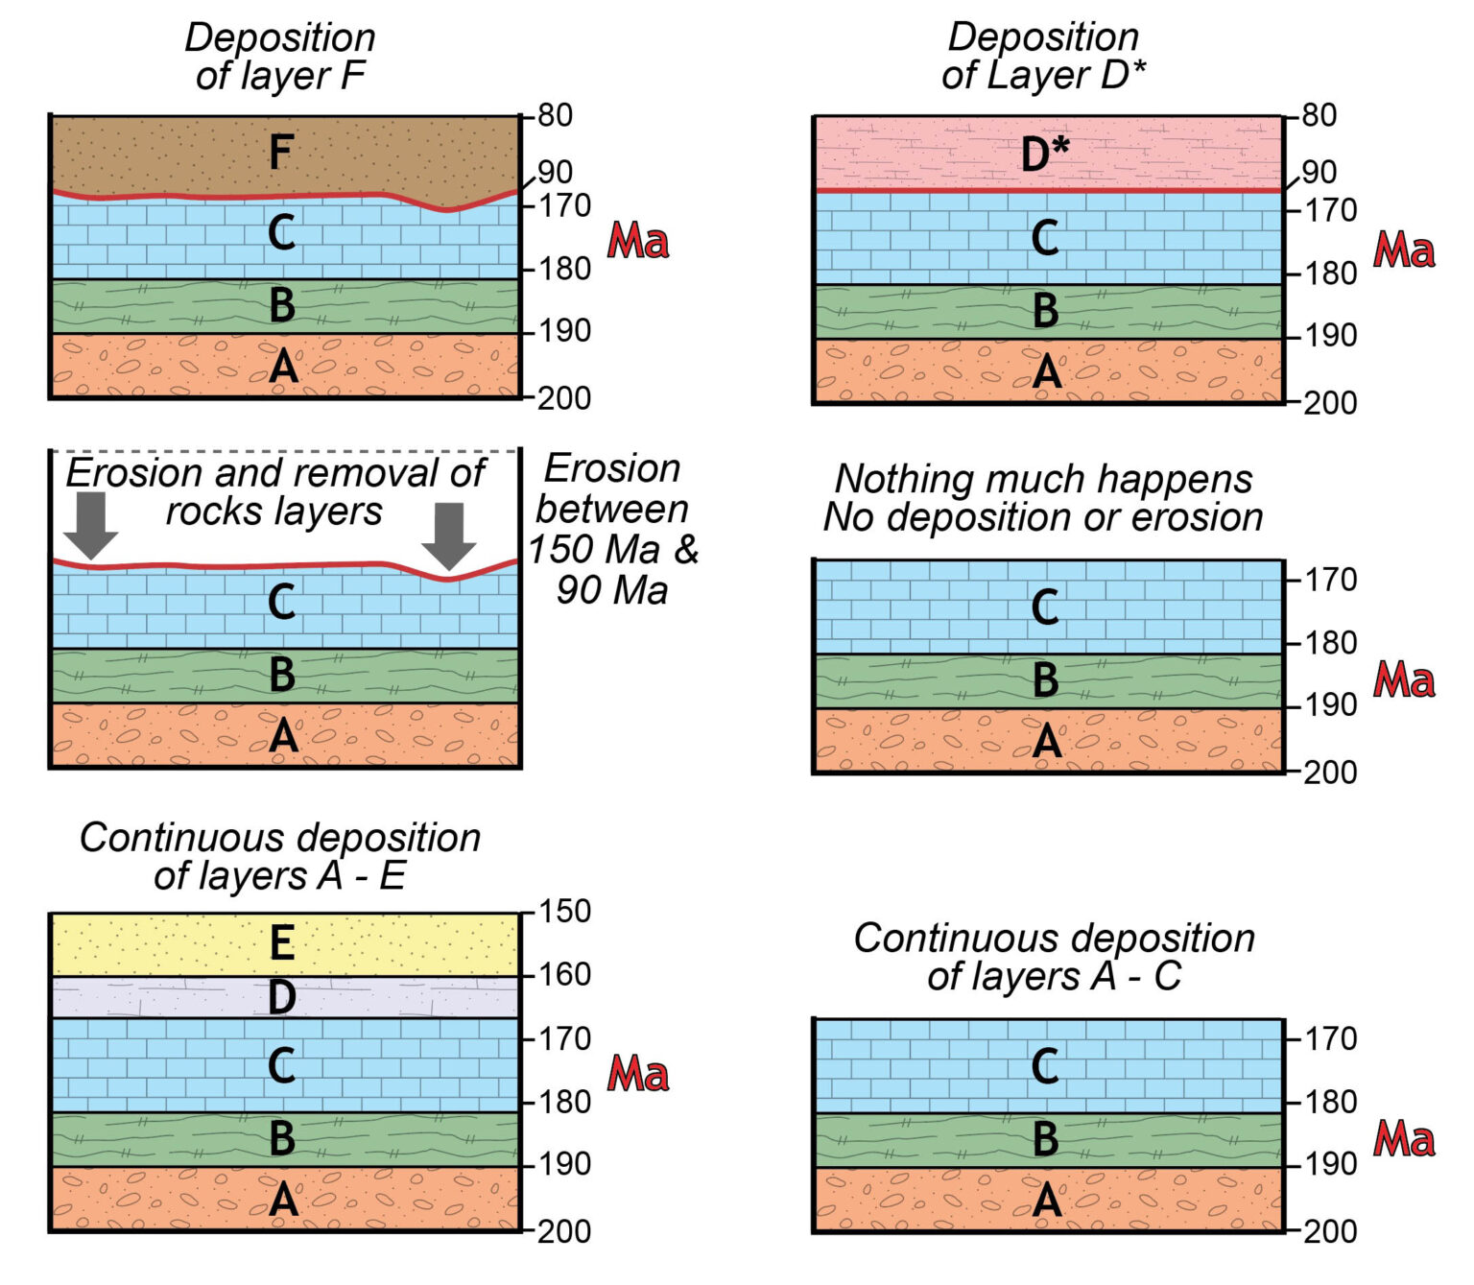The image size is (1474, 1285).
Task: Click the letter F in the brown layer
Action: pyautogui.click(x=280, y=153)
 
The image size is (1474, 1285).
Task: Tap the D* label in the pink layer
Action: pyautogui.click(x=1044, y=154)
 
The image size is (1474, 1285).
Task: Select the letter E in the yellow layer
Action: pyautogui.click(x=281, y=943)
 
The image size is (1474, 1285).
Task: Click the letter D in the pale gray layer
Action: pyautogui.click(x=281, y=998)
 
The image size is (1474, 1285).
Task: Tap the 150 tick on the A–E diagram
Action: pyautogui.click(x=562, y=912)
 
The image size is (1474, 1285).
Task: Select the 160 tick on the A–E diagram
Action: pyautogui.click(x=562, y=975)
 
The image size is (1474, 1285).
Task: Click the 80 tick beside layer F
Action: pyautogui.click(x=554, y=115)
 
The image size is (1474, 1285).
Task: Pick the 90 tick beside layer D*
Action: pyautogui.click(x=1319, y=173)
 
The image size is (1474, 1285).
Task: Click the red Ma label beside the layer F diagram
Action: pyautogui.click(x=638, y=240)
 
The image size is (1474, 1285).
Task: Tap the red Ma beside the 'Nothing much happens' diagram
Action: pyautogui.click(x=1404, y=680)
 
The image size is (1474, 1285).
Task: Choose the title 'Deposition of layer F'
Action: pyautogui.click(x=280, y=57)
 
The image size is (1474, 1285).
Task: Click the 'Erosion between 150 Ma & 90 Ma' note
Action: pyautogui.click(x=613, y=529)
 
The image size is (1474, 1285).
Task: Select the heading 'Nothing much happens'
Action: pyautogui.click(x=1043, y=478)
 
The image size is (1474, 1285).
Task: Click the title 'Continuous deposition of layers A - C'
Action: pyautogui.click(x=1054, y=957)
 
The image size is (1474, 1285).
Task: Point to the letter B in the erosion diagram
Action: pyautogui.click(x=281, y=675)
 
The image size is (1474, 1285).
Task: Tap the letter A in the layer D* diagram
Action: pyautogui.click(x=1046, y=371)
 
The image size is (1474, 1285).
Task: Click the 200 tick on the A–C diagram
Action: pyautogui.click(x=1329, y=1231)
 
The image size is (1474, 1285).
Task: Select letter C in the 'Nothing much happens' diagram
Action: pyautogui.click(x=1045, y=607)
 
